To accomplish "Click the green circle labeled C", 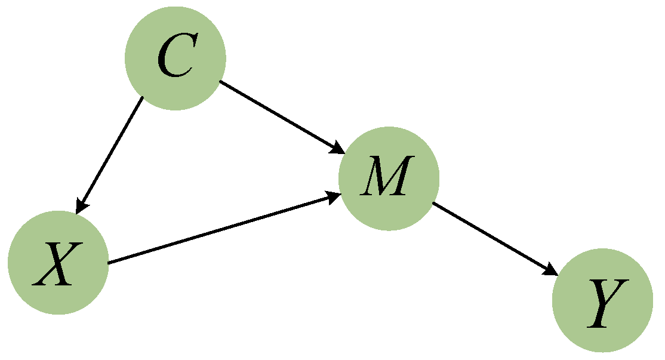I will tap(175, 58).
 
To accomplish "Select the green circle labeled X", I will tap(58, 263).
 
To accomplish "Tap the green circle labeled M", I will tap(389, 178).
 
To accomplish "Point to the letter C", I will tap(175, 59).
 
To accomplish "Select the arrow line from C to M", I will tap(278, 115).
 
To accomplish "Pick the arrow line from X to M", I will tap(221, 229).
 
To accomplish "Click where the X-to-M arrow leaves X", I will tap(109, 263).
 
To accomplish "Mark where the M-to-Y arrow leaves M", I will tap(433, 204).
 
